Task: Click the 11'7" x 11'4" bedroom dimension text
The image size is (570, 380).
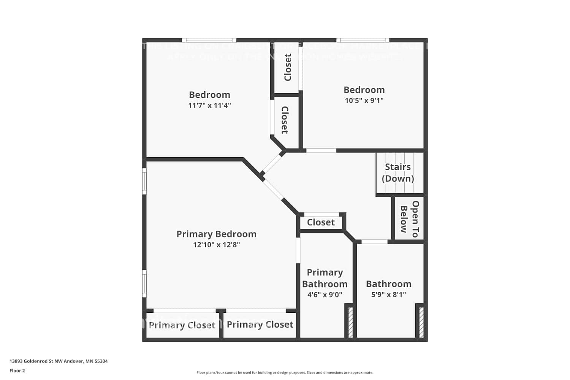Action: [x=209, y=105]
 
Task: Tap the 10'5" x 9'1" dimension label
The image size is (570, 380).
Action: [x=364, y=100]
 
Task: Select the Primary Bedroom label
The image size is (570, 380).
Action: [x=216, y=234]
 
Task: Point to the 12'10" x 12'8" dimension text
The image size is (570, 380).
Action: [x=216, y=245]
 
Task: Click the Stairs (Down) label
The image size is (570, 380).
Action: [x=398, y=173]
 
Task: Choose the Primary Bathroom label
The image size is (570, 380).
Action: [x=325, y=278]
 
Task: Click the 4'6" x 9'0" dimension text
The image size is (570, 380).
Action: [x=325, y=294]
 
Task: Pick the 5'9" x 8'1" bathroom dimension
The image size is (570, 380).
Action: [x=388, y=294]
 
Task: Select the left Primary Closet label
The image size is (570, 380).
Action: [x=182, y=325]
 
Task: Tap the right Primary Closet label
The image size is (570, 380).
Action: [x=260, y=325]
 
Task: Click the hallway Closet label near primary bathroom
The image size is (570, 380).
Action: [x=321, y=222]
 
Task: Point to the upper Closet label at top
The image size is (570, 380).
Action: [x=288, y=67]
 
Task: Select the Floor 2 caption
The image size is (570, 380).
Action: [x=17, y=370]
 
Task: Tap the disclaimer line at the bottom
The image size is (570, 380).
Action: [x=285, y=372]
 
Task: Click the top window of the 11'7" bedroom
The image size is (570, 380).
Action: [x=209, y=40]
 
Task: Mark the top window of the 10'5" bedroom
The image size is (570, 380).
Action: [x=363, y=40]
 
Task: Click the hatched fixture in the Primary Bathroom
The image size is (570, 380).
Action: [x=350, y=322]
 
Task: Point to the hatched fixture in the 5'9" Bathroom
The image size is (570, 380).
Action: [x=421, y=322]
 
